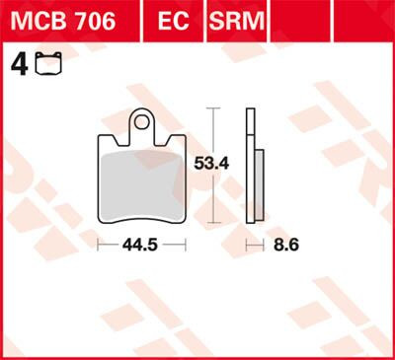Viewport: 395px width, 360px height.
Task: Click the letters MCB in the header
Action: pyautogui.click(x=35, y=20)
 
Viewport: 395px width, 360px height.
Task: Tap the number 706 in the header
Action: pyautogui.click(x=92, y=20)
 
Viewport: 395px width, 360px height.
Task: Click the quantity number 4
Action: pyautogui.click(x=16, y=64)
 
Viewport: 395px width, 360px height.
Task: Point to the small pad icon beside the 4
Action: pyautogui.click(x=42, y=66)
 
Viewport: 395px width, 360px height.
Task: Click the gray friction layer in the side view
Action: pyautogui.click(x=259, y=187)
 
